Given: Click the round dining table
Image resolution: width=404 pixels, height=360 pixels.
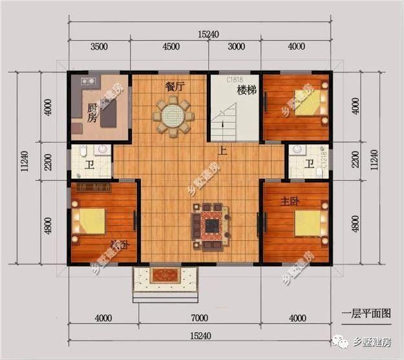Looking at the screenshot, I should pyautogui.click(x=172, y=117).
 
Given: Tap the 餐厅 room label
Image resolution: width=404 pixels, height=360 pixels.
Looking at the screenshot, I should pyautogui.click(x=176, y=85).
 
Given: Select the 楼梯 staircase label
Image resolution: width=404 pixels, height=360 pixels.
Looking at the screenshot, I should pyautogui.click(x=247, y=90).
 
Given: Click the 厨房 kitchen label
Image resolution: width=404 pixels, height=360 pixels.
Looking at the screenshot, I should pyautogui.click(x=94, y=113).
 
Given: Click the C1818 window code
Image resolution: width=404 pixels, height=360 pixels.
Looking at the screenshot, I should pyautogui.click(x=233, y=79).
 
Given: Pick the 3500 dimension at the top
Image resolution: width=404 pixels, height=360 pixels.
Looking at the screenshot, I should pyautogui.click(x=99, y=47).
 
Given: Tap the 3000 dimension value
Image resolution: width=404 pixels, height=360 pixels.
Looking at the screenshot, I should pyautogui.click(x=236, y=47).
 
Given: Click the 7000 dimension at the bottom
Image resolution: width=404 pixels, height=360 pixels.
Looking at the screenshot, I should pyautogui.click(x=199, y=318).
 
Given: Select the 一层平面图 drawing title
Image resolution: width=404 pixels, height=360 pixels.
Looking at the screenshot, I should pyautogui.click(x=367, y=313).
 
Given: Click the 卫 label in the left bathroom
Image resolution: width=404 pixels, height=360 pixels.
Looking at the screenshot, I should pyautogui.click(x=89, y=165).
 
